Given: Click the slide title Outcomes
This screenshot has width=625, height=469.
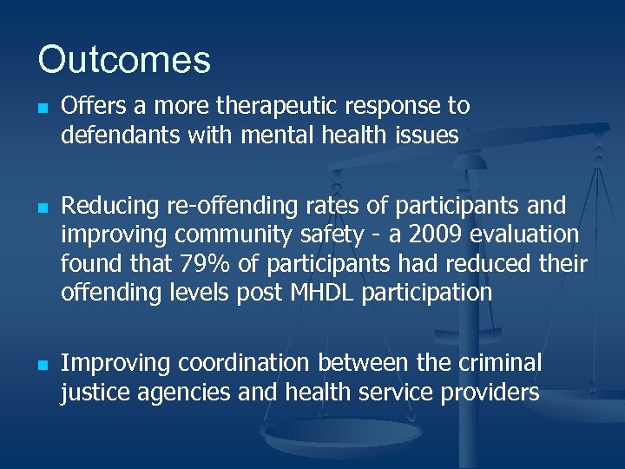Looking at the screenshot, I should click(x=124, y=60).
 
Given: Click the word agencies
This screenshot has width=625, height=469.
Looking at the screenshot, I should click(x=181, y=392).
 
